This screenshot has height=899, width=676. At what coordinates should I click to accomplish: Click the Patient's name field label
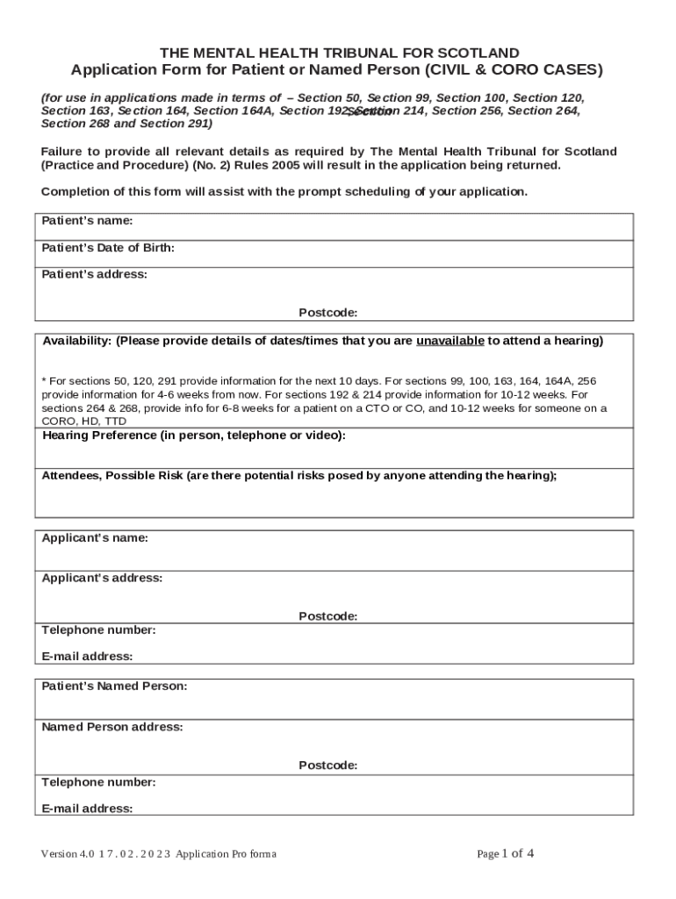[x=87, y=221]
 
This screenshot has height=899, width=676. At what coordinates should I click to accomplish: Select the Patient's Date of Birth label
[x=108, y=248]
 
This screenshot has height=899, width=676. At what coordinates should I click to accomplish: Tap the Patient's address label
[x=94, y=275]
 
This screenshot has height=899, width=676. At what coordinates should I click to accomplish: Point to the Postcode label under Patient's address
[x=327, y=313]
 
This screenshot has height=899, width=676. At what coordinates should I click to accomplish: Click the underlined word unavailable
[x=449, y=341]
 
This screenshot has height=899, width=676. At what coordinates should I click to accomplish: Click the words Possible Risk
[x=145, y=476]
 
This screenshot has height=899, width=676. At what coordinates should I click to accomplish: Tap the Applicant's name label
[x=95, y=538]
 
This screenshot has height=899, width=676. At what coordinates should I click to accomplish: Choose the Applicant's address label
[x=102, y=579]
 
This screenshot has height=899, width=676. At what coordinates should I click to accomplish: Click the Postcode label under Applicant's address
[x=327, y=616]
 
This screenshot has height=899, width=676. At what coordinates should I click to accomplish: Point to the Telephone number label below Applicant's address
[x=98, y=630]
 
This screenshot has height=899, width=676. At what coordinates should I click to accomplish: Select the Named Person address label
[x=112, y=727]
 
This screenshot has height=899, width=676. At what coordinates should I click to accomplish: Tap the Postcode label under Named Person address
[x=327, y=766]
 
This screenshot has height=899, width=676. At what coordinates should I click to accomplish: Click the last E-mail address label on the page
[x=87, y=809]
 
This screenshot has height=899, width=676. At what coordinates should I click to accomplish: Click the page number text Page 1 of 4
[x=505, y=853]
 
